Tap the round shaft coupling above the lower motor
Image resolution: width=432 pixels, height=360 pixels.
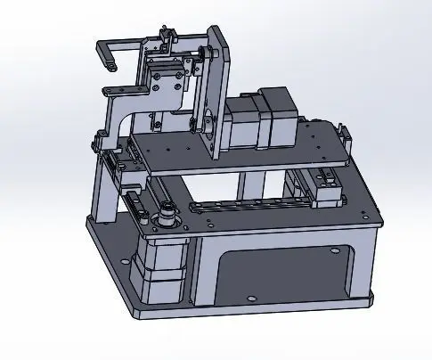pos(166,217)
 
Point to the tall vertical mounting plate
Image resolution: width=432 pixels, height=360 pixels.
pos(217,89)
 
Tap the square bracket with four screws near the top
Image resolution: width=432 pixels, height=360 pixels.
pos(168,85)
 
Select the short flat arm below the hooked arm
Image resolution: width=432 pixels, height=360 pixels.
pos(120,88)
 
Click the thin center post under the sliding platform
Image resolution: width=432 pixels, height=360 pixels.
pos(239,187)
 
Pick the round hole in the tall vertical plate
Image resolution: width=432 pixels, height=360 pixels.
pos(207,119)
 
